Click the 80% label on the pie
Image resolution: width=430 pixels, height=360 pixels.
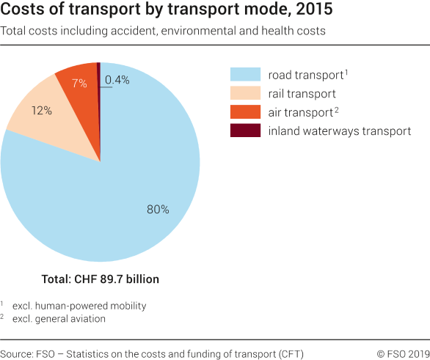(x=158, y=209)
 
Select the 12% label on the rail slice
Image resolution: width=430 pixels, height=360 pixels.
(x=42, y=111)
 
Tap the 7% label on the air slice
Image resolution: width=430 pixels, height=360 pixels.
(x=79, y=83)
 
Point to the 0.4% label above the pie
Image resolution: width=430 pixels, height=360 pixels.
(x=117, y=80)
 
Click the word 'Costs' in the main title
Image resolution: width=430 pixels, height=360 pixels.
(x=23, y=12)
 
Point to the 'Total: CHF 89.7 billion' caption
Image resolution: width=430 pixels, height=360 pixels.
(x=100, y=279)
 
